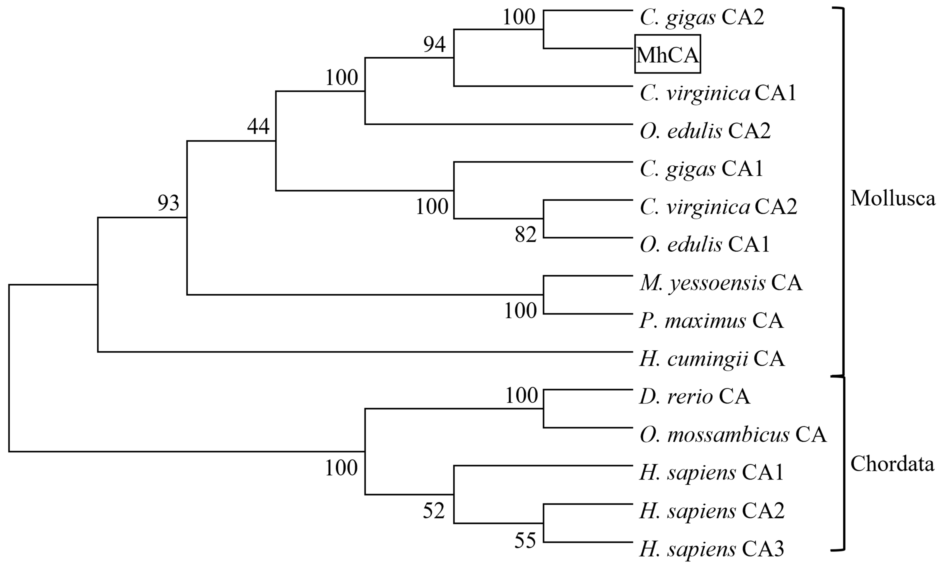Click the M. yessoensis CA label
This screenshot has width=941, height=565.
click(x=721, y=283)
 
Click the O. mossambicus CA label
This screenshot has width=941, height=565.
click(x=733, y=435)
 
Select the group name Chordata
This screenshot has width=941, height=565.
click(x=892, y=464)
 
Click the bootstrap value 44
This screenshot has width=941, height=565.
click(x=258, y=126)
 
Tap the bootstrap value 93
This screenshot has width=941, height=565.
click(x=169, y=203)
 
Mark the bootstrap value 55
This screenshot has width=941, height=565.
click(x=525, y=540)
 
